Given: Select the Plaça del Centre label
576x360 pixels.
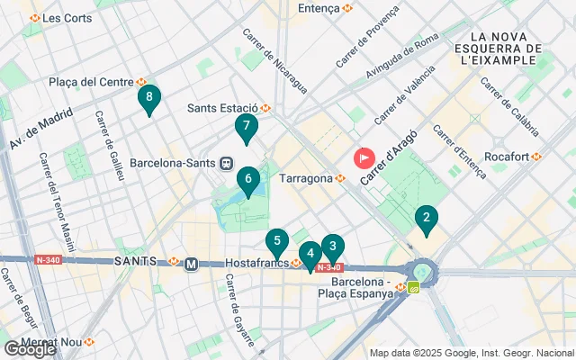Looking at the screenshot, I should (97, 82).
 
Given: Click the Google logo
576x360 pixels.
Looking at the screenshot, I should (29, 349).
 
